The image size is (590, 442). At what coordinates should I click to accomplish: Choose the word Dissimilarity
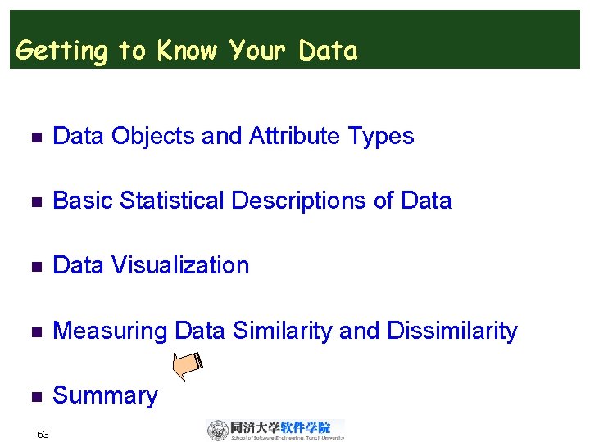[452, 331]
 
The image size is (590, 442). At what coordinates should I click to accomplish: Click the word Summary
[105, 396]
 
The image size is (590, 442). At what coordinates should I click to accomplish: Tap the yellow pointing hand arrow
[191, 365]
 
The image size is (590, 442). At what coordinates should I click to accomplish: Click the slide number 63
[43, 434]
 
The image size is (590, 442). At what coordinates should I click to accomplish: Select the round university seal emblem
[218, 430]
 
